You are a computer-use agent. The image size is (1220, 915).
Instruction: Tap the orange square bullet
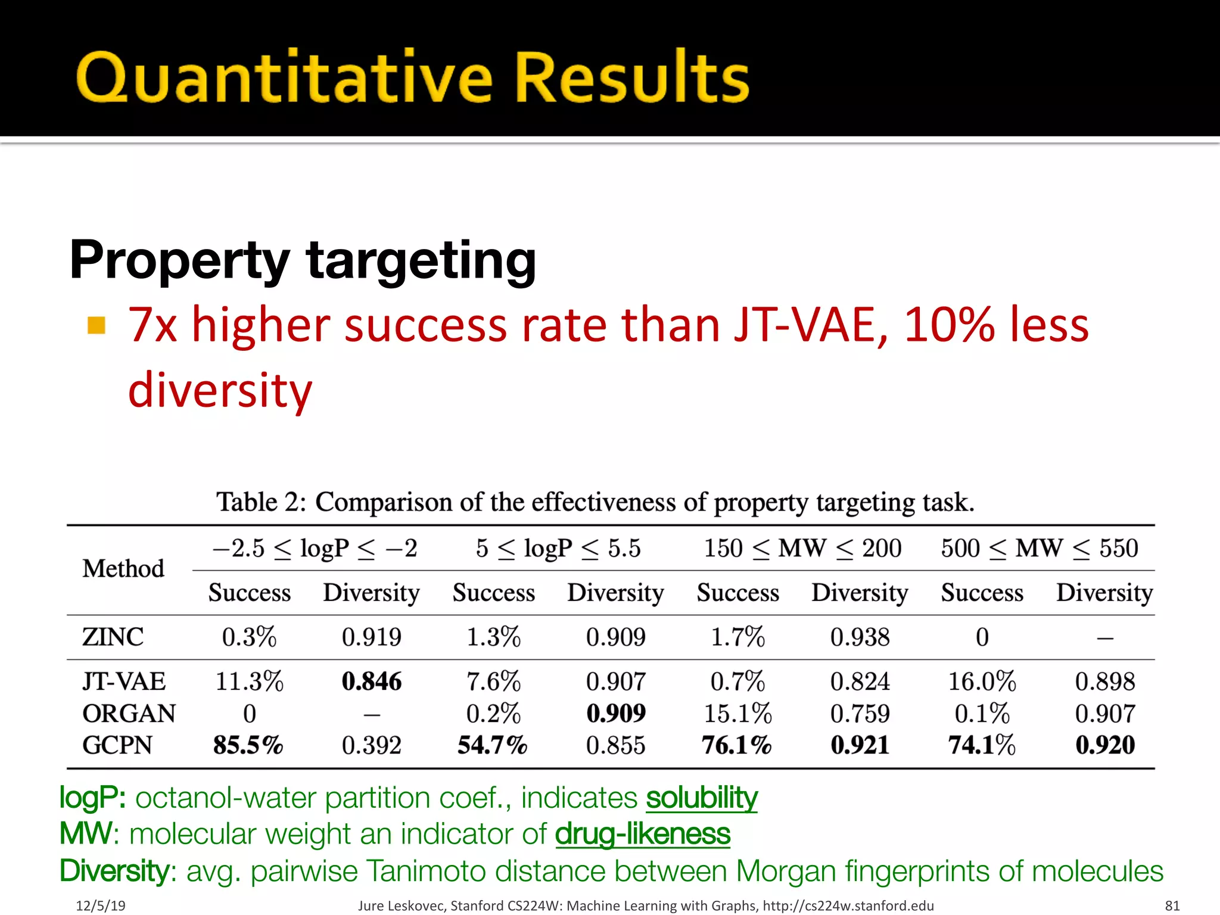[x=97, y=325]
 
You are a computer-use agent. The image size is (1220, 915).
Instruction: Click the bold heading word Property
[x=179, y=260]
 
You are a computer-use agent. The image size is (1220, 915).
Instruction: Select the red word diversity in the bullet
[x=220, y=390]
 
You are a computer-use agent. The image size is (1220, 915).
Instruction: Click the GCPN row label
[x=117, y=745]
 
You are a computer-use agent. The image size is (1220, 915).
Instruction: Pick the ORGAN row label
[x=129, y=714]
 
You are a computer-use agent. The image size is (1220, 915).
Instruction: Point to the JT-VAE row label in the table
[x=124, y=681]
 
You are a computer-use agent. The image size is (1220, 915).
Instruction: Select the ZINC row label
[x=113, y=637]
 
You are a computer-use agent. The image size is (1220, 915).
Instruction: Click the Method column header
[x=123, y=569]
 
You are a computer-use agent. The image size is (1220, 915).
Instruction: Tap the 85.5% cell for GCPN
[x=248, y=745]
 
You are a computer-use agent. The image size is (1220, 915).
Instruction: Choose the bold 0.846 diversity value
[x=372, y=681]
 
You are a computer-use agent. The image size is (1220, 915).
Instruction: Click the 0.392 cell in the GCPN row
[x=372, y=745]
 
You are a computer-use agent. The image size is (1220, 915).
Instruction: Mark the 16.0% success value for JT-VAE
[x=982, y=681]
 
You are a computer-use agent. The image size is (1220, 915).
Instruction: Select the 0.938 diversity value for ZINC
[x=860, y=637]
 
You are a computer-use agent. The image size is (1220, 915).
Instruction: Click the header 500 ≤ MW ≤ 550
[x=1040, y=548]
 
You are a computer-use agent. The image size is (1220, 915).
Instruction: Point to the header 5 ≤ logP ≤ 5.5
[x=558, y=548]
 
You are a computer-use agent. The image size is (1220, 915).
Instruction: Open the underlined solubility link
[x=702, y=798]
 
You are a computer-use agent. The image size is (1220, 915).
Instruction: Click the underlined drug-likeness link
[x=642, y=834]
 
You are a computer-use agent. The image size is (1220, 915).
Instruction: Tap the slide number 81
[x=1172, y=905]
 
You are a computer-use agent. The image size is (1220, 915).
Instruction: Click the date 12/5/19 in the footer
[x=101, y=905]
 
